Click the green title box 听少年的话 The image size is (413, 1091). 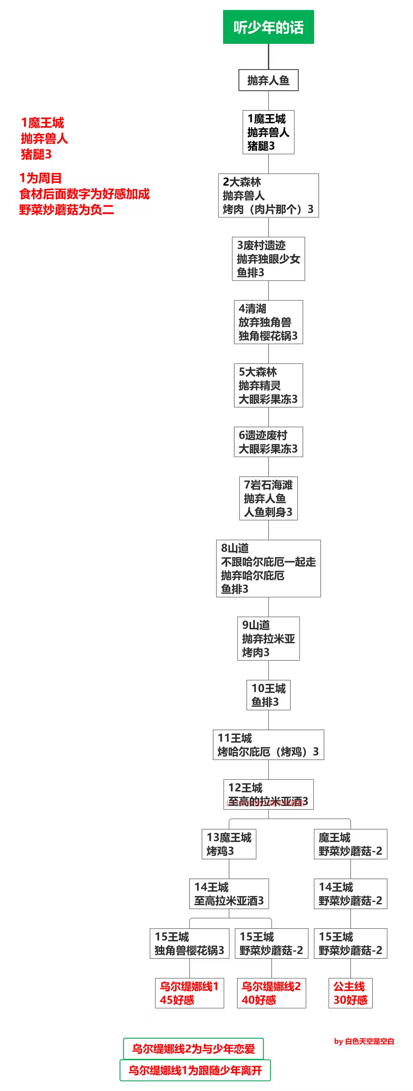269,27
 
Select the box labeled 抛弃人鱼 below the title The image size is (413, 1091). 269,80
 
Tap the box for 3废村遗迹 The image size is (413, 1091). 269,259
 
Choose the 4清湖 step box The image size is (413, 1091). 269,322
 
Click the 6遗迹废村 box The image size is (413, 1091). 269,442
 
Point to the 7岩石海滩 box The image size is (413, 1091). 269,499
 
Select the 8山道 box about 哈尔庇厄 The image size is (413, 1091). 269,569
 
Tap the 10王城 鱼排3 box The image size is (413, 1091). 269,695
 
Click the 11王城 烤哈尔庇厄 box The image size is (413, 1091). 269,744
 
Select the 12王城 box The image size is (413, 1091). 269,794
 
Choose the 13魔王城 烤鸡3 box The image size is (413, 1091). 229,844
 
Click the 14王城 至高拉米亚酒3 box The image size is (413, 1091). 229,894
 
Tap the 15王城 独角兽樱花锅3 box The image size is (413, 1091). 189,943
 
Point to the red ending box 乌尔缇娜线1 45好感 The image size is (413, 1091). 189,993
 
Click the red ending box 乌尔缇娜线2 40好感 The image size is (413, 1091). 271,993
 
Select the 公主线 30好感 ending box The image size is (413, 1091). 350,993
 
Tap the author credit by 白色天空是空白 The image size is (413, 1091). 364,1041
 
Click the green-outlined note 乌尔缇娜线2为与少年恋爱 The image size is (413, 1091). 193,1049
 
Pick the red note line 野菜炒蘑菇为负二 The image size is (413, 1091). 67,209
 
